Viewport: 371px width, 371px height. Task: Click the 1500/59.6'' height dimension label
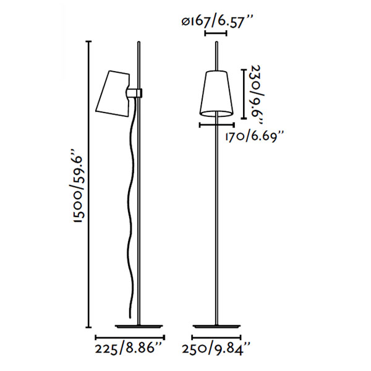[x=79, y=185]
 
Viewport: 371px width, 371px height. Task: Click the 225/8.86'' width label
[x=129, y=349]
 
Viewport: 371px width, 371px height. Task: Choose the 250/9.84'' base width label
[x=216, y=349]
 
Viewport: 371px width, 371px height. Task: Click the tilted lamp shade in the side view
[x=113, y=93]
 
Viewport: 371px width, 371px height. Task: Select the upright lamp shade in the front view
[x=216, y=93]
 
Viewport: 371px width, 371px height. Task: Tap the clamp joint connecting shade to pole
[x=134, y=93]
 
